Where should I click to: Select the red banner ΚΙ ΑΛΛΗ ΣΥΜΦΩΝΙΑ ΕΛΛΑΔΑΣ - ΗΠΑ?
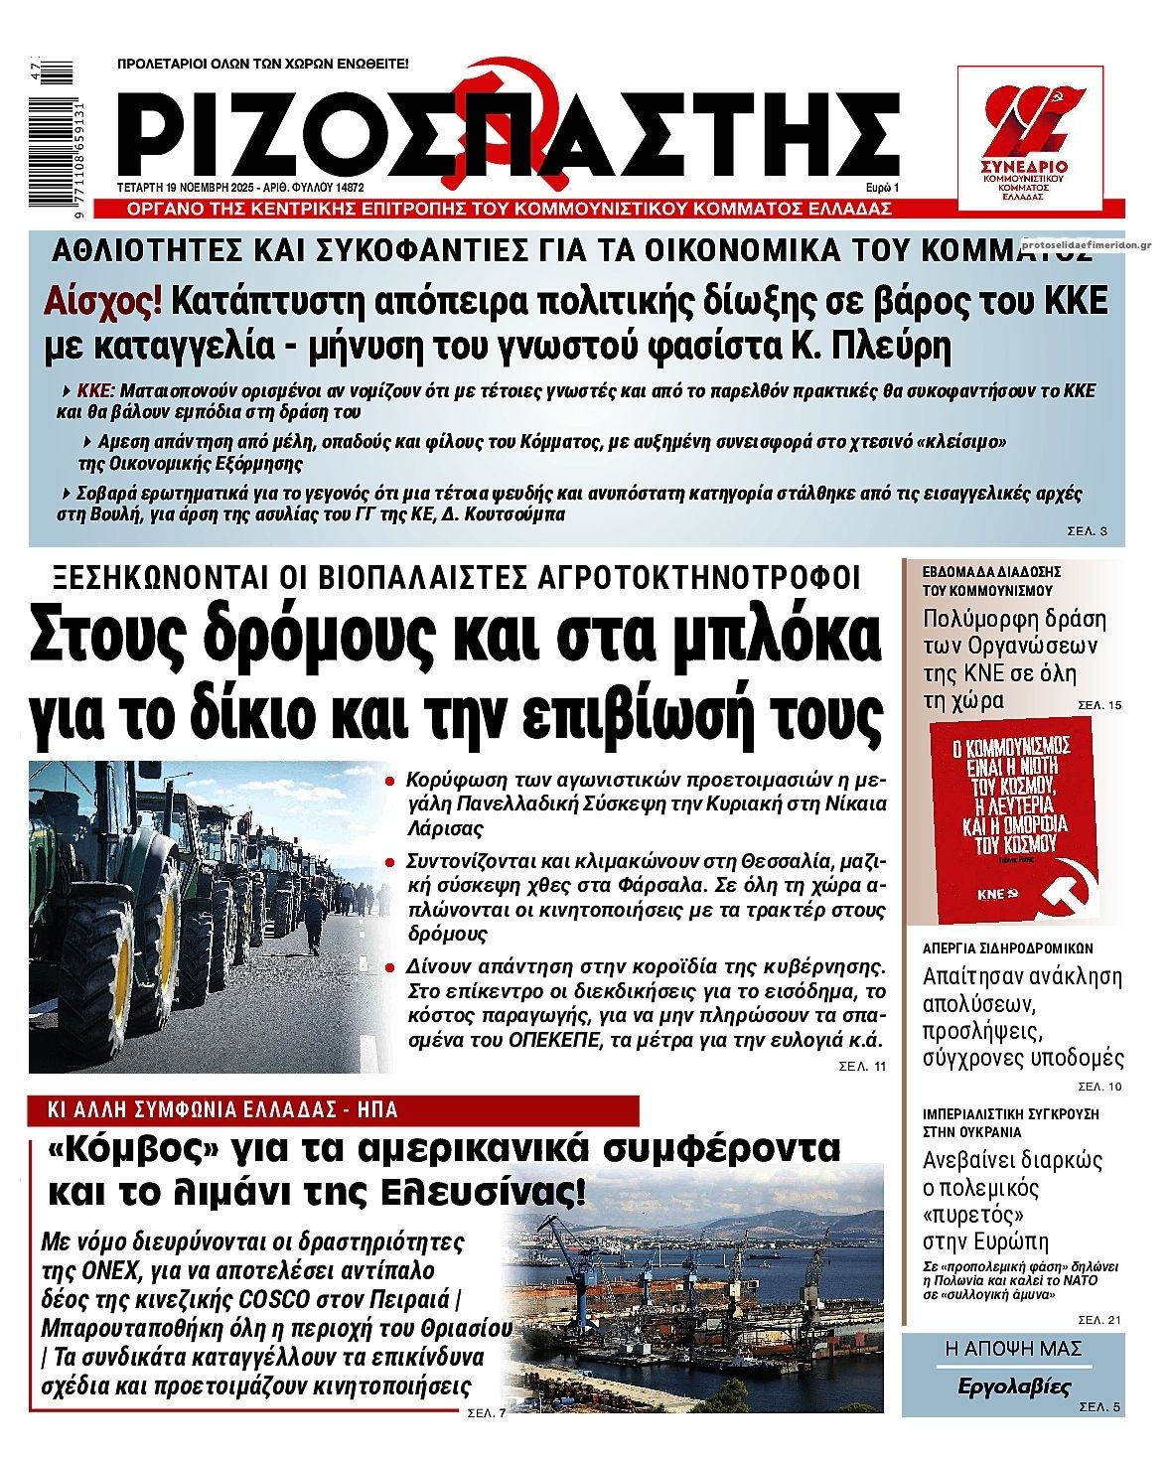(x=333, y=1110)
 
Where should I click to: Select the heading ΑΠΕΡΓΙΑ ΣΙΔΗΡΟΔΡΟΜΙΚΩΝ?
(x=1007, y=948)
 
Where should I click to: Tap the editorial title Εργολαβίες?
(x=1013, y=1386)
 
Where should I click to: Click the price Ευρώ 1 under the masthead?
(x=881, y=187)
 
